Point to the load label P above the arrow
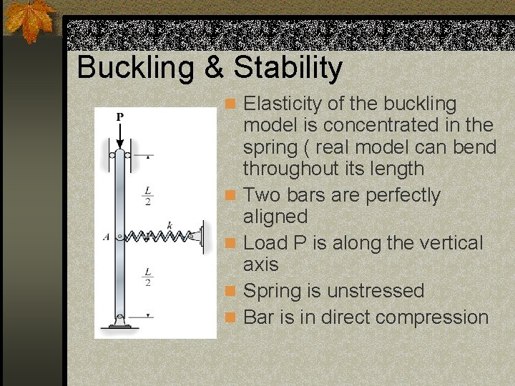click(120, 117)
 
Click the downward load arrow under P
click(120, 137)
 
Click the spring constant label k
click(169, 225)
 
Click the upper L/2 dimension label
click(147, 196)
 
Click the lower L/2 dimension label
click(147, 277)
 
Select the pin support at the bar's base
click(120, 322)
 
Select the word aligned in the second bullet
click(275, 217)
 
